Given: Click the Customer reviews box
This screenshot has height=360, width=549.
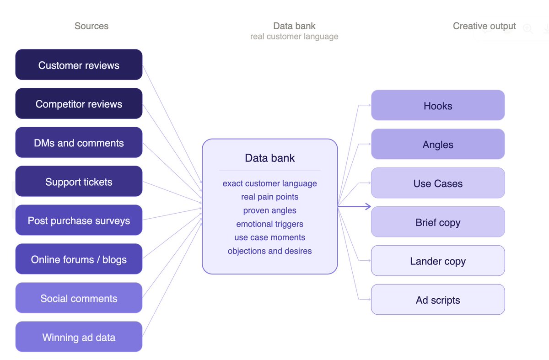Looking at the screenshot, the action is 79,64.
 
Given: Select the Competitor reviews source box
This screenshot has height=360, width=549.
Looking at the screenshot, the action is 79,103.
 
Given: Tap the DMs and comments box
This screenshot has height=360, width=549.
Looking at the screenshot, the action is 79,142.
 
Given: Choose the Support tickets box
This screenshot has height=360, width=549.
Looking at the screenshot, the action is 79,181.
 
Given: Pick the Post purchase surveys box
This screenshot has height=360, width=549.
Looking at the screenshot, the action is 79,220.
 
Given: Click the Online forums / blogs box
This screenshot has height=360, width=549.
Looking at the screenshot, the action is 79,259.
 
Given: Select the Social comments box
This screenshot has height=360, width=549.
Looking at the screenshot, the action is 79,298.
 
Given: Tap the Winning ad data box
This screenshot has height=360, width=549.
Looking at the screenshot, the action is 79,337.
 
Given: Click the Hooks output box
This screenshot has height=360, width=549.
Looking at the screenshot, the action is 438,105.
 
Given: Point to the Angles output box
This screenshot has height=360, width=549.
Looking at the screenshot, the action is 438,144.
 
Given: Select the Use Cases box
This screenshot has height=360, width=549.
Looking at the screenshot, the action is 438,183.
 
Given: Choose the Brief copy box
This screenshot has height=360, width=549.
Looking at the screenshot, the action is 438,222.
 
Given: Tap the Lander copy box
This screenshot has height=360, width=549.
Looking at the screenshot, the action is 438,260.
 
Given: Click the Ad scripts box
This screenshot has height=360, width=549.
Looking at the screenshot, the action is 438,300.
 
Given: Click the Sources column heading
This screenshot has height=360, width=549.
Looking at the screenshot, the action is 91,26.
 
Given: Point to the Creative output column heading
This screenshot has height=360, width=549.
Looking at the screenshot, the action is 484,26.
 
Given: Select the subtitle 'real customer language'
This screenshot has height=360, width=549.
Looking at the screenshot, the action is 294,37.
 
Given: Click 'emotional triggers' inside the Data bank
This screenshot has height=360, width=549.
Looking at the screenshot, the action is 269,224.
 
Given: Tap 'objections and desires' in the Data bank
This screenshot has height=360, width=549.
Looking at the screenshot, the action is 269,251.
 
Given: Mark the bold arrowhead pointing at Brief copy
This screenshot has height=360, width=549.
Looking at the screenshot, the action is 368,207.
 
